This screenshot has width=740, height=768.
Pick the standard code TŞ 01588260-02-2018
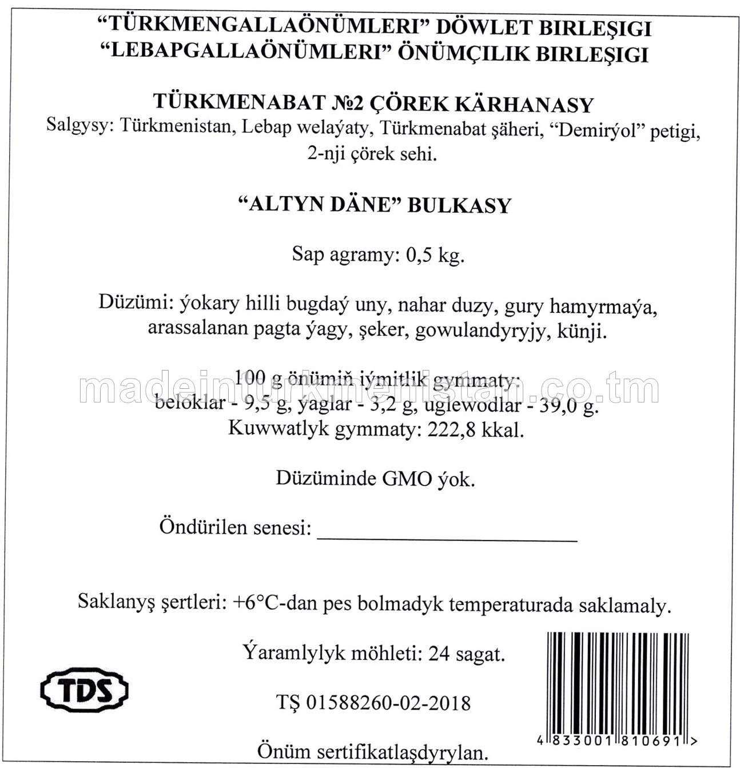[373, 702]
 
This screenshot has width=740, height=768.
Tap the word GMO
[407, 478]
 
